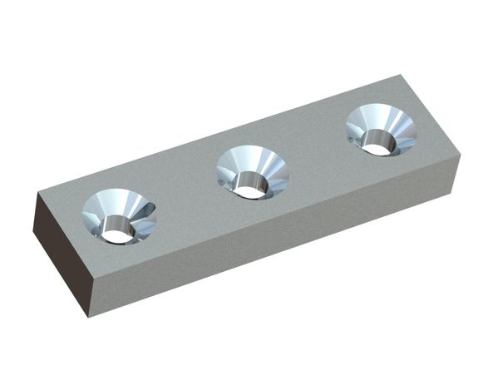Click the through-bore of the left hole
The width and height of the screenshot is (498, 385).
[119, 236]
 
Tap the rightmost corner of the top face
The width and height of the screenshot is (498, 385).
[459, 154]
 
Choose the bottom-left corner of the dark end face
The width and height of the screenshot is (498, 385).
[33, 236]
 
